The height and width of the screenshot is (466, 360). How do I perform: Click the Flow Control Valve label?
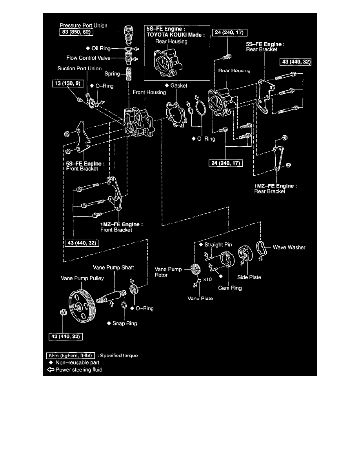[88, 58]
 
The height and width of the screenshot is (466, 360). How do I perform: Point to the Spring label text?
[112, 74]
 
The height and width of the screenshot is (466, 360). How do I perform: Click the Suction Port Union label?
[80, 69]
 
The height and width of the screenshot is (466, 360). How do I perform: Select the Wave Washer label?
[289, 248]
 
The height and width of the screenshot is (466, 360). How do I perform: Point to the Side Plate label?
[249, 277]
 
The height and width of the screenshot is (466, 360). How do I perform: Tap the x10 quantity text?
[207, 280]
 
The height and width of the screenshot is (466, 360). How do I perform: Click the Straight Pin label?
[218, 245]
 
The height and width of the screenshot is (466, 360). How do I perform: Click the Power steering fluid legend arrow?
[50, 370]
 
